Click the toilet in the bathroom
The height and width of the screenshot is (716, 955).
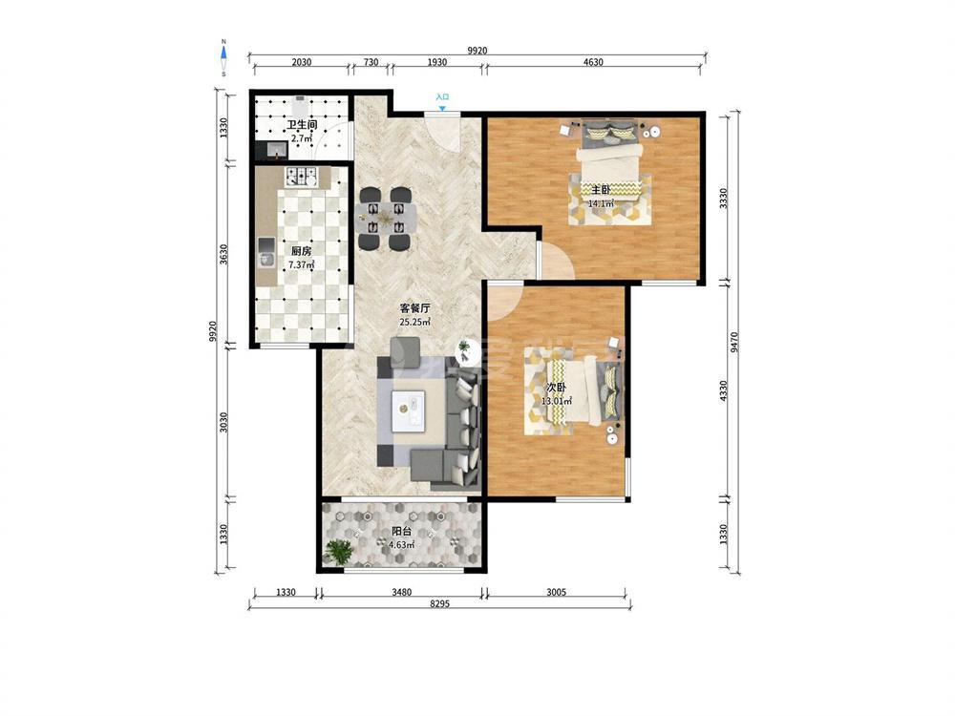tap(300, 107)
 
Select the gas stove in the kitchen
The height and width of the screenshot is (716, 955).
tap(302, 176)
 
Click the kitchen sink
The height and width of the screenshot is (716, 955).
tap(266, 253)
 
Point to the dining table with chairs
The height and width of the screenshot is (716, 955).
tap(385, 218)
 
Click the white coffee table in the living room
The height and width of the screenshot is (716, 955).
tap(409, 410)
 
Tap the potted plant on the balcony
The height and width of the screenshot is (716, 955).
tap(338, 552)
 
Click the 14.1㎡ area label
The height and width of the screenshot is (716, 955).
tap(601, 204)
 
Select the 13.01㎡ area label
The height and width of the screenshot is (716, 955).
tap(557, 401)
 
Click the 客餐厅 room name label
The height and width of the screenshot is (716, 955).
tap(414, 308)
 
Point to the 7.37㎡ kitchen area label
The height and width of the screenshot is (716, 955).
tap(302, 264)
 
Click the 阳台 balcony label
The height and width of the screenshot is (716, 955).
tap(401, 532)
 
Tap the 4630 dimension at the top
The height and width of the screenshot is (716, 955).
tap(593, 61)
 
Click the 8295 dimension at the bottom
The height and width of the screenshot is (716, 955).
tap(439, 604)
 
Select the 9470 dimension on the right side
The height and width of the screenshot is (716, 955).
tap(735, 342)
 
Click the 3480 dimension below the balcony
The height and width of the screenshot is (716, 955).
tap(401, 592)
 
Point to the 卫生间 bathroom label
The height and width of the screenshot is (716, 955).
tap(302, 125)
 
